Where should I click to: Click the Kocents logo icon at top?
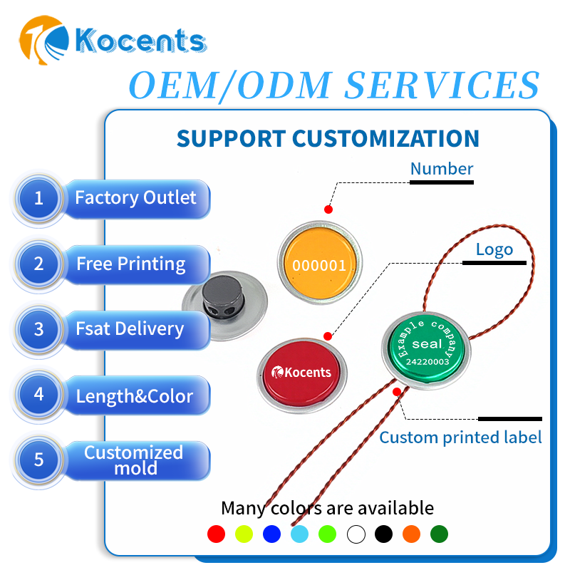[x=44, y=40]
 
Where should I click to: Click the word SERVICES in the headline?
[x=442, y=85]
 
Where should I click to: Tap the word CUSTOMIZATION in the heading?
[x=385, y=138]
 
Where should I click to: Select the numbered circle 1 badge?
[x=38, y=199]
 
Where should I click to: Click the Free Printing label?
[x=131, y=264]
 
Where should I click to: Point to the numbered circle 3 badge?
[x=38, y=329]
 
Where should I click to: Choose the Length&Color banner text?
[x=135, y=396]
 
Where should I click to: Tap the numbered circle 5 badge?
[x=38, y=460]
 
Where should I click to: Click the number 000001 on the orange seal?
[x=319, y=266]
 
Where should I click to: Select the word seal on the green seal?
[x=427, y=343]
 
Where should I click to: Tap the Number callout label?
[x=442, y=169]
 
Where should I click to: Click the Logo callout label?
[x=494, y=250]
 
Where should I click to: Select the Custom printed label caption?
[x=460, y=437]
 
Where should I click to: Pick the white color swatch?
[x=356, y=534]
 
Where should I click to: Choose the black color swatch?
[x=384, y=534]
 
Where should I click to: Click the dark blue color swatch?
[x=272, y=534]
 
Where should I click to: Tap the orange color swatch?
[x=412, y=534]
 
